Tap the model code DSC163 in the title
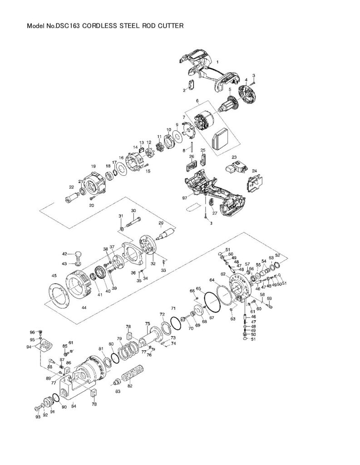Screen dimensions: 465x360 point(68,26)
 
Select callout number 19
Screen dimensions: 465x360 point(93,166)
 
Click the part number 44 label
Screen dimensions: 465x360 point(84,307)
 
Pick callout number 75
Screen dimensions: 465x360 point(147,323)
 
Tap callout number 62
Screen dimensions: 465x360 point(223,274)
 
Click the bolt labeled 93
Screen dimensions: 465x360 point(37,408)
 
